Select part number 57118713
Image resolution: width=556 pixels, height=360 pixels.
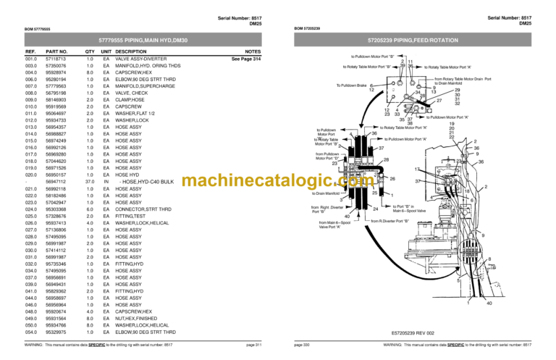[x=56, y=59]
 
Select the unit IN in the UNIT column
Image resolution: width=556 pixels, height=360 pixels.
[x=106, y=181]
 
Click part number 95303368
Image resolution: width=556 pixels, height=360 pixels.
[x=56, y=209]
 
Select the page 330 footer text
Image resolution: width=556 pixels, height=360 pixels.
[x=302, y=346]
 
